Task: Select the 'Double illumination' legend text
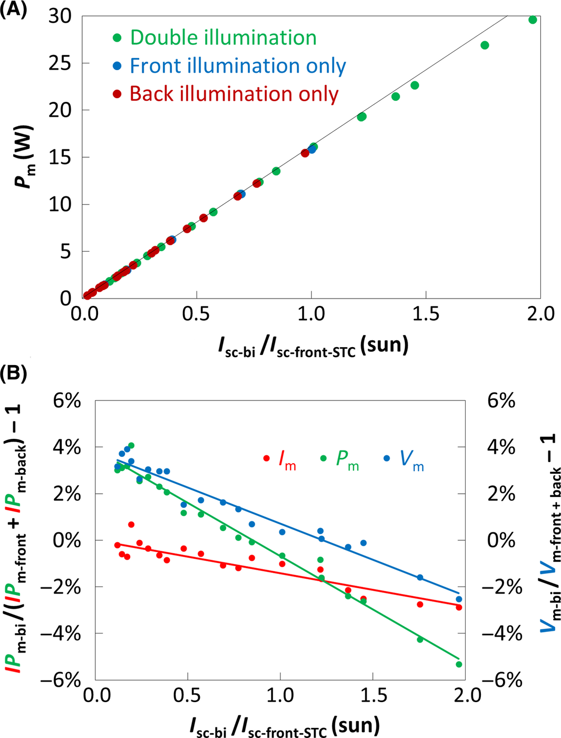point(223,37)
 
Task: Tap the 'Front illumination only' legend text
point(238,66)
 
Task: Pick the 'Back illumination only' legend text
point(234,94)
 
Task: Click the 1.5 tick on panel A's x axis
point(425,313)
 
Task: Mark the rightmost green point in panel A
point(533,20)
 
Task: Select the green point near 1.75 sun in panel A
point(485,45)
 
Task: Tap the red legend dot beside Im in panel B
point(266,458)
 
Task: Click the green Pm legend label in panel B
point(347,460)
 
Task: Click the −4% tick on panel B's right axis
point(501,633)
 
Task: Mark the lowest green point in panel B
point(459,664)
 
